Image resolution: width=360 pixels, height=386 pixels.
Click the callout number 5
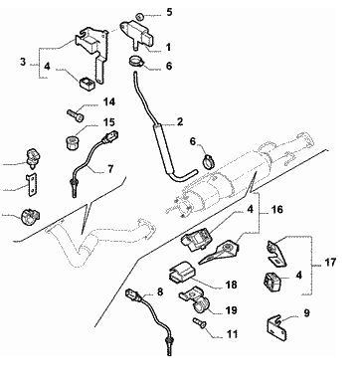click(x=169, y=13)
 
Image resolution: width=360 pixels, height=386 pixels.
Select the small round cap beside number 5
click(x=139, y=16)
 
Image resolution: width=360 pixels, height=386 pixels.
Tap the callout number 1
click(x=168, y=47)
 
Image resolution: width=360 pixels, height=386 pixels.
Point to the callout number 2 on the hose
click(x=180, y=121)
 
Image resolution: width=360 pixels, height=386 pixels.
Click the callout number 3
click(x=23, y=62)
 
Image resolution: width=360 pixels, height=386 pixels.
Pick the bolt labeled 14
click(x=76, y=115)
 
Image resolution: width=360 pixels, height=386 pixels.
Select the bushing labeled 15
click(x=72, y=142)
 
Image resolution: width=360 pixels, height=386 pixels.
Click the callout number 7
click(x=110, y=169)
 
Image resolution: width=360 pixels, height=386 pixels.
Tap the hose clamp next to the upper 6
click(x=136, y=62)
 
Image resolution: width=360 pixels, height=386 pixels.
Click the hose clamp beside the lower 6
click(x=208, y=162)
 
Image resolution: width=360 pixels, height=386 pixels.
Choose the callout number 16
click(x=276, y=210)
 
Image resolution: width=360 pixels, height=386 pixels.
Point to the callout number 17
click(x=330, y=263)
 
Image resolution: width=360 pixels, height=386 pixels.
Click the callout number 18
click(x=231, y=285)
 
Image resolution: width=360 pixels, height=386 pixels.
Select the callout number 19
click(x=231, y=310)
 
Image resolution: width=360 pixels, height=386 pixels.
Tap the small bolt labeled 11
click(x=199, y=322)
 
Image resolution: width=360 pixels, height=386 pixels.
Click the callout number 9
click(x=306, y=312)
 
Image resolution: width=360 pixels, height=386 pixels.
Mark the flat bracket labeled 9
click(x=276, y=328)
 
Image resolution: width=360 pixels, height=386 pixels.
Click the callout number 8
click(x=160, y=291)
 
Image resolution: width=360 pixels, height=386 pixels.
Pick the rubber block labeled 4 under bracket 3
click(x=88, y=83)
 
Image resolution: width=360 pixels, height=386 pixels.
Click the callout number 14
click(x=108, y=101)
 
